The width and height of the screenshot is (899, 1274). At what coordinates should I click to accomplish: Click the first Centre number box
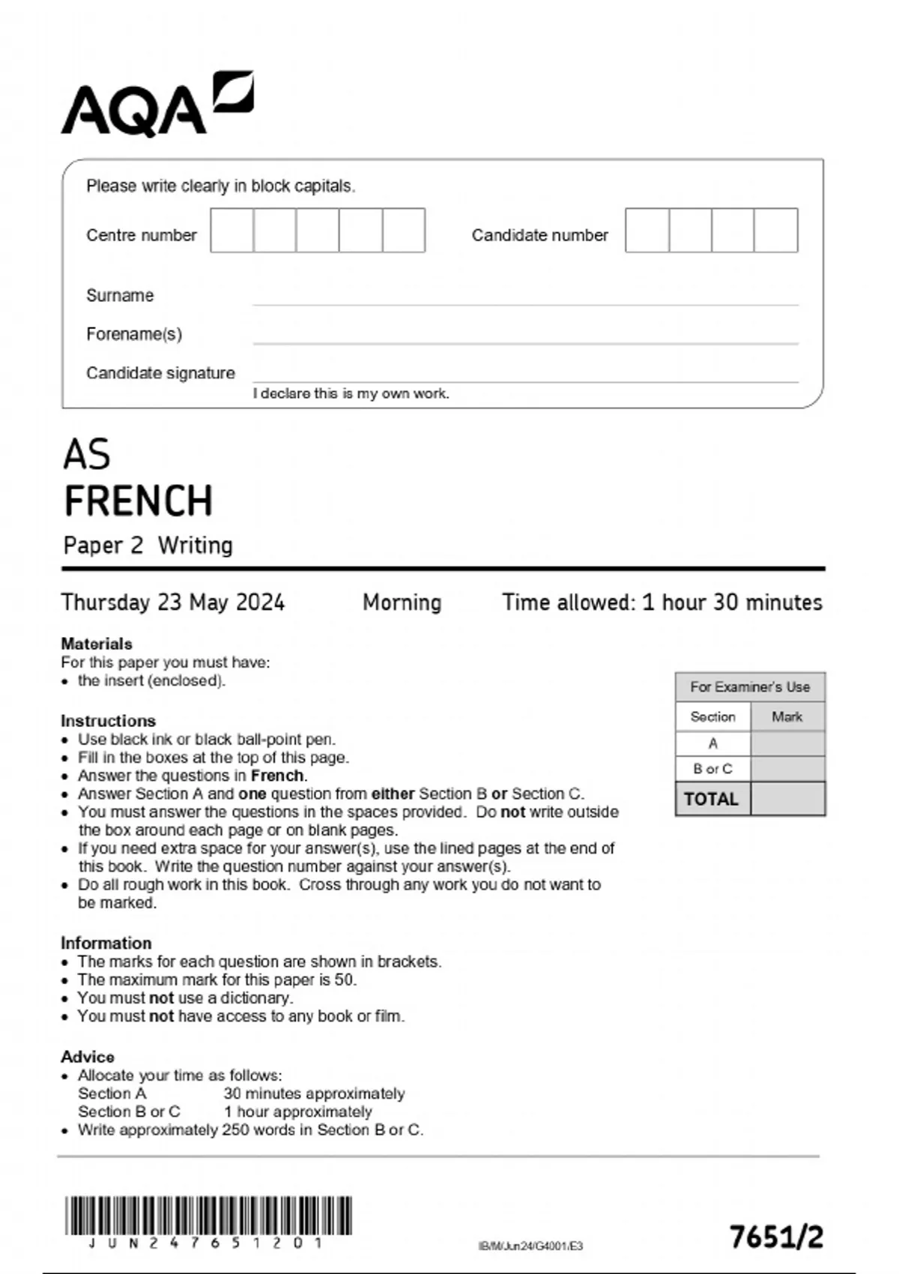pos(232,230)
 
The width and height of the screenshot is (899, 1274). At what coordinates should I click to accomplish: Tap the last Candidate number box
pos(776,230)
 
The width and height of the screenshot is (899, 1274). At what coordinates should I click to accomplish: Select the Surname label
pos(120,295)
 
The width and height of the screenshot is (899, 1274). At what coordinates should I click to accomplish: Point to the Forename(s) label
pos(134,334)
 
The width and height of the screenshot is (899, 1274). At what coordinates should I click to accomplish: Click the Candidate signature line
pos(524,381)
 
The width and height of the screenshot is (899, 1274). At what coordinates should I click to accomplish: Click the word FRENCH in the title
pos(139,501)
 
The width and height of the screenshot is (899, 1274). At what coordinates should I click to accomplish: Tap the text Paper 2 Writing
pos(148,545)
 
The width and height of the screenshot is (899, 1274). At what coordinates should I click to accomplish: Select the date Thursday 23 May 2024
pos(173,602)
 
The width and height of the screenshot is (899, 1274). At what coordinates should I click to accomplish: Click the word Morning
pos(402,602)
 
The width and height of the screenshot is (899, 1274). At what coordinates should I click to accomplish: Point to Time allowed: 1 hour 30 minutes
pos(662,602)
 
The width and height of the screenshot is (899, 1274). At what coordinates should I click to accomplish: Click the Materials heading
pos(97,644)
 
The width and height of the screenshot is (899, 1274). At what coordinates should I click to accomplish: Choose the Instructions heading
pos(109,721)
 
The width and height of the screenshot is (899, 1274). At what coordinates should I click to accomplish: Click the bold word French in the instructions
pos(277,776)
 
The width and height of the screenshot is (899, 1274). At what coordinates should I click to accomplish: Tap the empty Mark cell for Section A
pos(787,743)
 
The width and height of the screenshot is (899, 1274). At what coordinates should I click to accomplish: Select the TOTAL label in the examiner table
pos(712,799)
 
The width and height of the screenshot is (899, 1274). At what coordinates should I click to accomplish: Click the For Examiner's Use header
pos(750,686)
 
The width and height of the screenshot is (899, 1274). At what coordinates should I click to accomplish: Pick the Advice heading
pos(88,1057)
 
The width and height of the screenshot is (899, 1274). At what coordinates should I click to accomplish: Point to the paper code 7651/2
pos(777,1237)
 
